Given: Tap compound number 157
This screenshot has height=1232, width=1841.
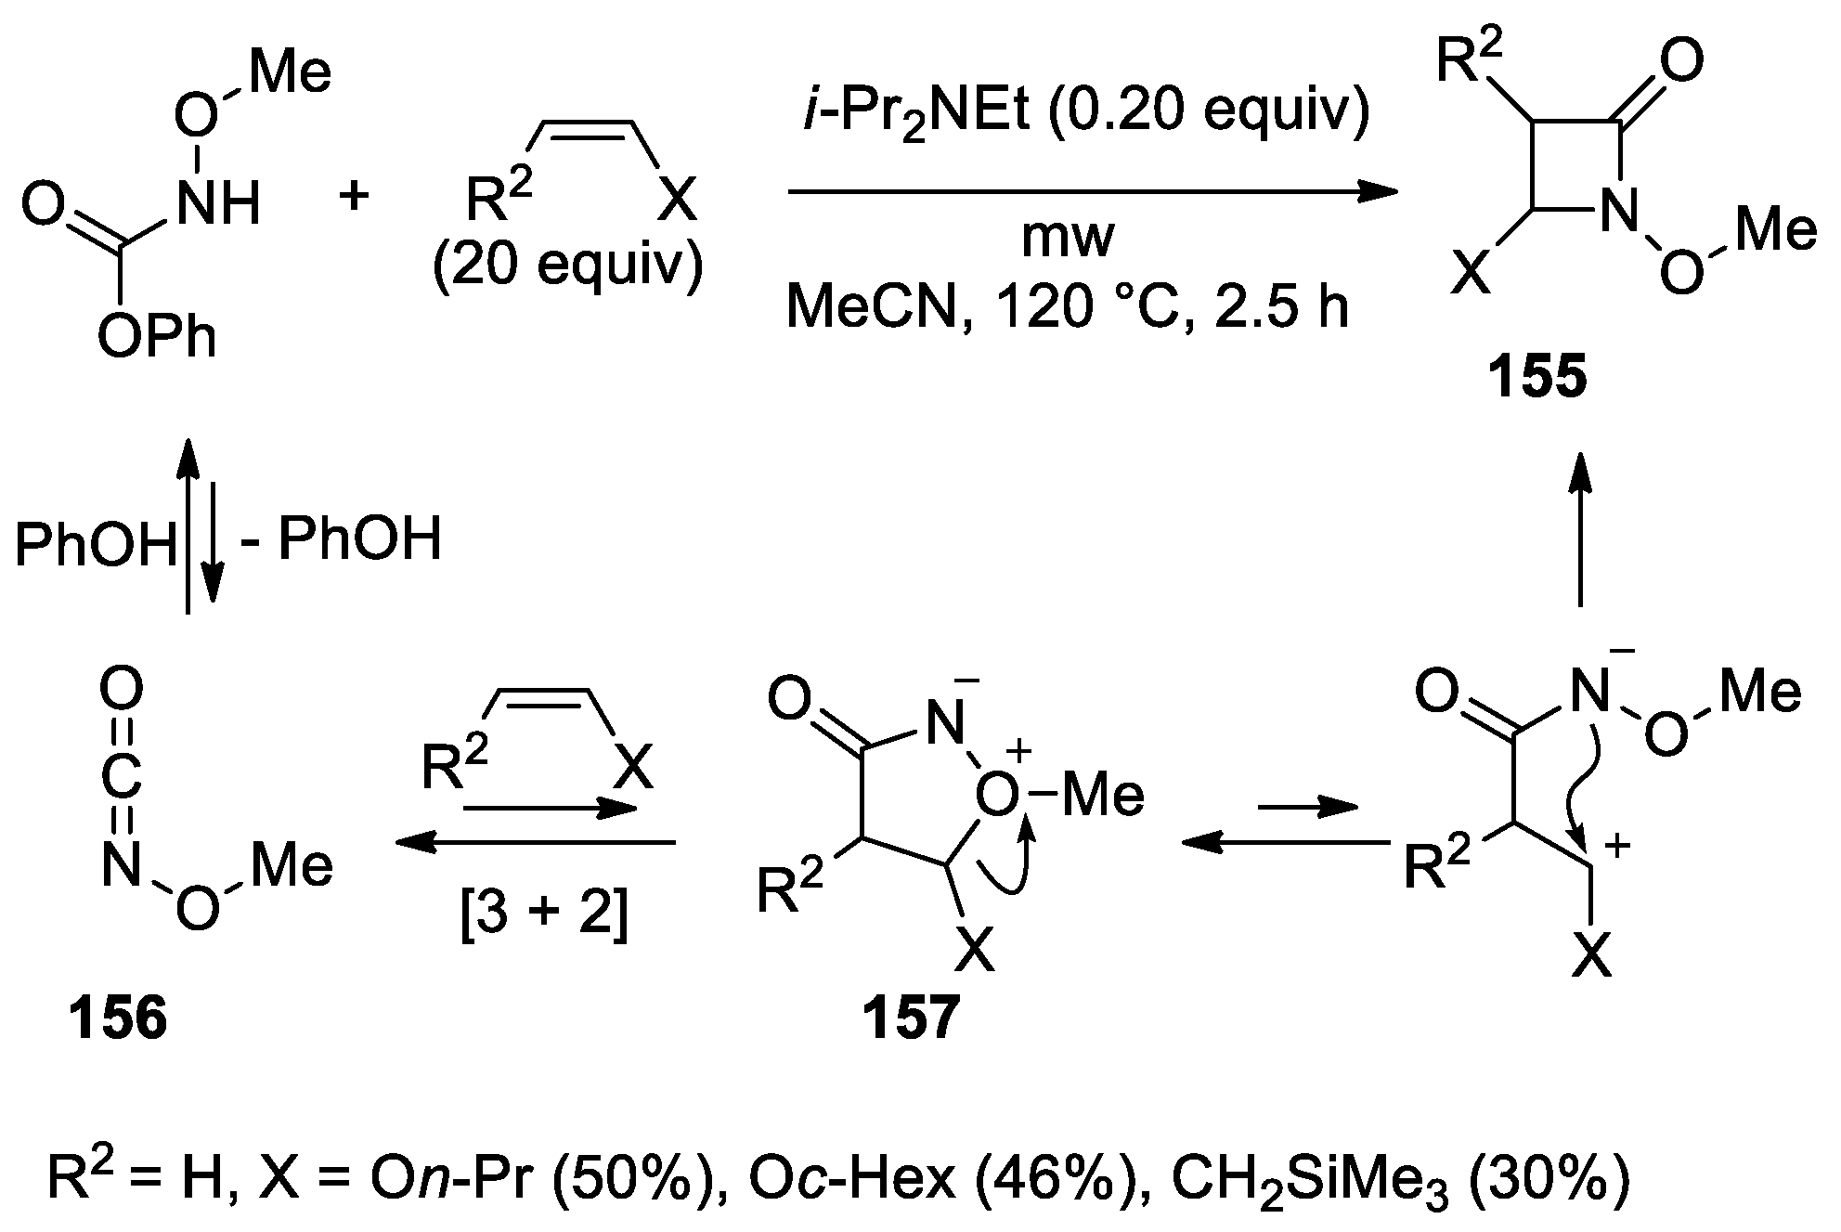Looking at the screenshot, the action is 910,1018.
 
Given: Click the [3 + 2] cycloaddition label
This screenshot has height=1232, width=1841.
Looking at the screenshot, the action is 545,915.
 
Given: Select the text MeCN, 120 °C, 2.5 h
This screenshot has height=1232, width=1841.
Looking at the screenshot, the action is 1068,306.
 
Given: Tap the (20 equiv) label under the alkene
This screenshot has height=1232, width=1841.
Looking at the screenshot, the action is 568,268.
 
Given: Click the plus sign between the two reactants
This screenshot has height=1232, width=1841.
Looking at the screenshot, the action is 354,197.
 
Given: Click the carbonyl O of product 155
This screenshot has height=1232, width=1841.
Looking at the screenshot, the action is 1681,60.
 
